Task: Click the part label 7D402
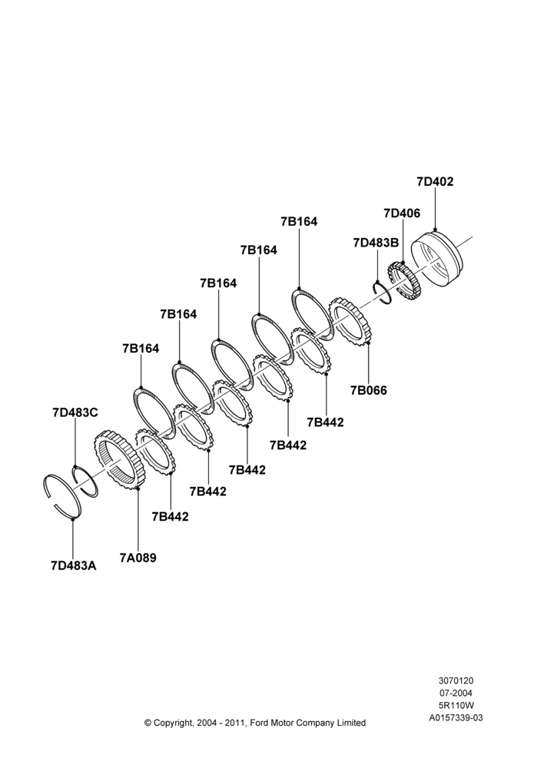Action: pyautogui.click(x=435, y=181)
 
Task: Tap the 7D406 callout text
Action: pyautogui.click(x=402, y=213)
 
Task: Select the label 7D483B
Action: pyautogui.click(x=376, y=243)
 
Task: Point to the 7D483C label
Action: pyautogui.click(x=75, y=412)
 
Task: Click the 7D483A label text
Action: pyautogui.click(x=74, y=566)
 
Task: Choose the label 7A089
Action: pyautogui.click(x=138, y=558)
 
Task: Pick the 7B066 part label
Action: pyautogui.click(x=368, y=390)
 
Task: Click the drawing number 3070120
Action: pyautogui.click(x=456, y=680)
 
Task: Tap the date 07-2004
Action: pyautogui.click(x=456, y=693)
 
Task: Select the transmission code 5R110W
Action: pyautogui.click(x=456, y=705)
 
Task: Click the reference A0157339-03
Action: pyautogui.click(x=456, y=718)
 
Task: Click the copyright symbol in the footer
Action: pyautogui.click(x=148, y=723)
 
